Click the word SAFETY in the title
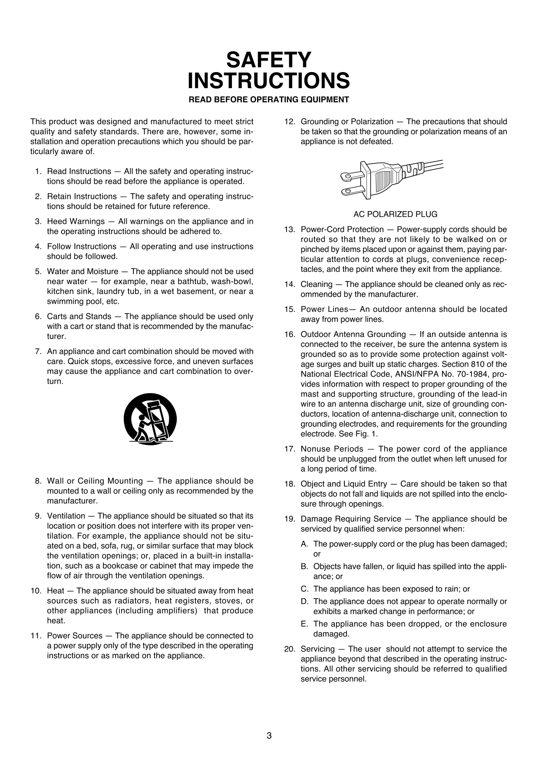[x=269, y=60]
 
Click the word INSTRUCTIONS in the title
[x=269, y=81]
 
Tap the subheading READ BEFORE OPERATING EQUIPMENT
[x=269, y=99]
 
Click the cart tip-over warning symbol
[x=150, y=419]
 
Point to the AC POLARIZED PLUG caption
[x=395, y=214]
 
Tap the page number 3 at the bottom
[x=269, y=735]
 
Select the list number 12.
[x=289, y=122]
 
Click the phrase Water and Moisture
[x=83, y=272]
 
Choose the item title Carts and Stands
[x=79, y=316]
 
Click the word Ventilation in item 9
[x=66, y=516]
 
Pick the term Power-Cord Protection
[x=342, y=229]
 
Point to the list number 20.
[x=289, y=649]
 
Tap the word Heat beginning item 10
[x=55, y=591]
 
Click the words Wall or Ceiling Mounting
[x=95, y=481]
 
